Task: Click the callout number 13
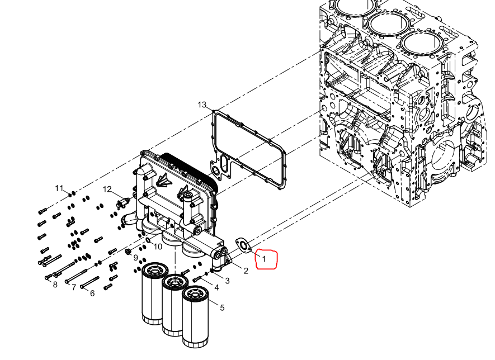[x=202, y=105]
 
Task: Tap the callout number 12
[x=107, y=189]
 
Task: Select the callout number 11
[x=59, y=188]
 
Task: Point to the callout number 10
[x=158, y=247]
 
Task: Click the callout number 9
[x=136, y=258]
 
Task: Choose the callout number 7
[x=74, y=287]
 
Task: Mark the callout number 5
[x=222, y=307]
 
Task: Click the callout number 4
[x=216, y=287]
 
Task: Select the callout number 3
[x=227, y=281]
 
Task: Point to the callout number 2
[x=246, y=271]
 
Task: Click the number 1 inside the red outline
[x=264, y=259]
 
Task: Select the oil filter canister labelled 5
[x=195, y=316]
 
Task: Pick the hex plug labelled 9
[x=128, y=252]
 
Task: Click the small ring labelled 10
[x=148, y=241]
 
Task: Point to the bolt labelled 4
[x=197, y=279]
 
